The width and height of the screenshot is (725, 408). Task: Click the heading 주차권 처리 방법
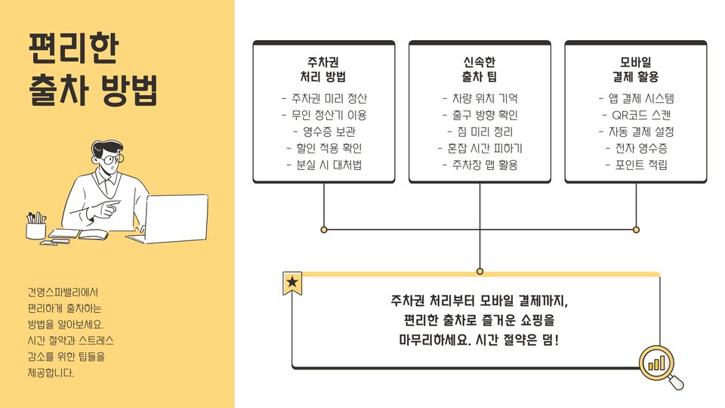point(323,70)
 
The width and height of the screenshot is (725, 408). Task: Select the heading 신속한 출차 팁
point(480,70)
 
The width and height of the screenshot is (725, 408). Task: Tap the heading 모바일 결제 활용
point(636,70)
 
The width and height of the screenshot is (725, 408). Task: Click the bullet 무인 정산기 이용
point(323,115)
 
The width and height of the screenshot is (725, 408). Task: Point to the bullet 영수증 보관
point(323,131)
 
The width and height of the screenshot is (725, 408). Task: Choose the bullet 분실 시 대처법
point(323,165)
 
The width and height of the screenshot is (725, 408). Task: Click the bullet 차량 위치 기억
point(480,98)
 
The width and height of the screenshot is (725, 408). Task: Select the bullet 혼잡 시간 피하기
point(480,148)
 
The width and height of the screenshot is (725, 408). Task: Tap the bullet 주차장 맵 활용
point(480,165)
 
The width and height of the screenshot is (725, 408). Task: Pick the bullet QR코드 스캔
point(636,115)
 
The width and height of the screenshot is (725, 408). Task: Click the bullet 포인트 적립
point(636,165)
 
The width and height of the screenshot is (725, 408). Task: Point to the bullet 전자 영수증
point(636,148)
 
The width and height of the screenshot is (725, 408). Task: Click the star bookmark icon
point(292,283)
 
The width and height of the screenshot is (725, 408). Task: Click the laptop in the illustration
point(175,218)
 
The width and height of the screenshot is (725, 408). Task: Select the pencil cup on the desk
point(35,227)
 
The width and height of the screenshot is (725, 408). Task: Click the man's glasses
point(112,159)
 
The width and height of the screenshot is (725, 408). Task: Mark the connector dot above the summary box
point(480,270)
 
